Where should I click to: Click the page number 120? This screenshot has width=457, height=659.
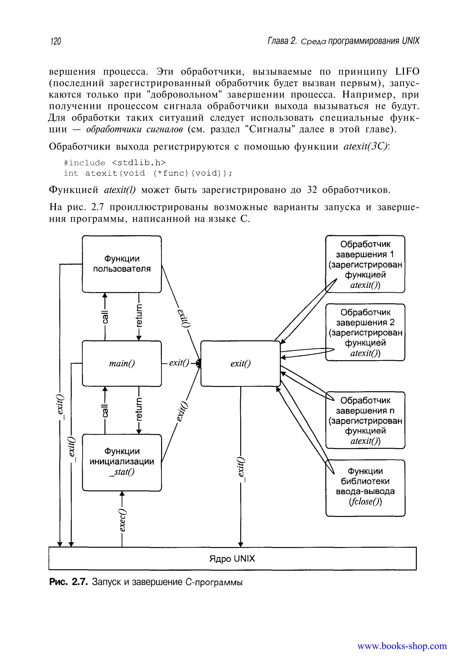tap(56, 41)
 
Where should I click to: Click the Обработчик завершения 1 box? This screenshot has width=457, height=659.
tap(365, 264)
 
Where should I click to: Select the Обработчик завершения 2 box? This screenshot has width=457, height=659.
tap(365, 332)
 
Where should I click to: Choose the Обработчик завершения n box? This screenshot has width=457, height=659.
tap(365, 420)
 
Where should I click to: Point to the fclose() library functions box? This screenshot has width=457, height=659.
tap(365, 488)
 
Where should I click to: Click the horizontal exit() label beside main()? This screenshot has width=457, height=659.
tap(179, 363)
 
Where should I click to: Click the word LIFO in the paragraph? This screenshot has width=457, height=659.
tap(407, 71)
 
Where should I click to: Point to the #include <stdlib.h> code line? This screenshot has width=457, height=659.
tap(114, 163)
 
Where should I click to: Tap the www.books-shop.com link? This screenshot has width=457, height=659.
tap(402, 646)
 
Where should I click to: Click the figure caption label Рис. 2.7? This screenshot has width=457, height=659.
tap(68, 582)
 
